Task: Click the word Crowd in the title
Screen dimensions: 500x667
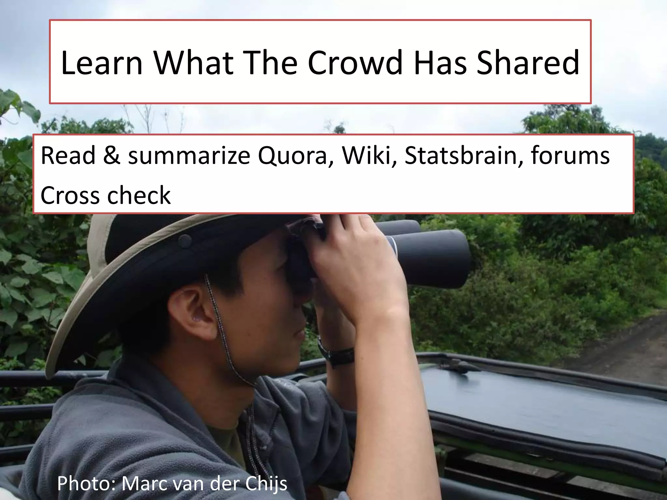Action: (355, 62)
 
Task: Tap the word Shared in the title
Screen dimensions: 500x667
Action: (528, 62)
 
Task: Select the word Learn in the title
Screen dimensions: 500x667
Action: (102, 62)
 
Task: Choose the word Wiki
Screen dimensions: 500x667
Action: (369, 155)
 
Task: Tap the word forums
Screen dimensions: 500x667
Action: (570, 155)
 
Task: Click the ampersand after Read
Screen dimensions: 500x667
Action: (111, 156)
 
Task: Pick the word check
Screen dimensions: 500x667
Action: (139, 195)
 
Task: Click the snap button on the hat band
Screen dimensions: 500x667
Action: (185, 241)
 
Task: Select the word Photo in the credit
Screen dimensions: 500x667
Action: (87, 484)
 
